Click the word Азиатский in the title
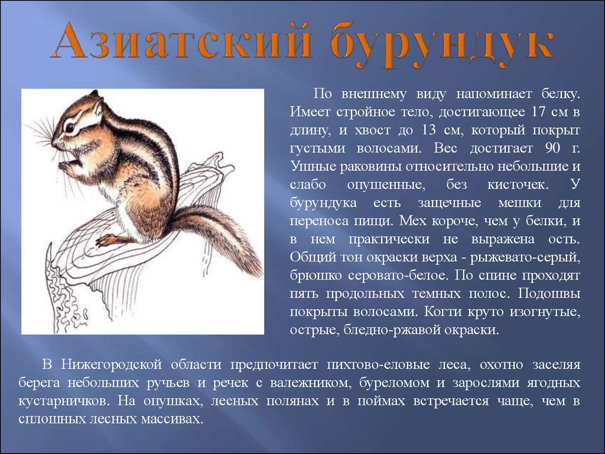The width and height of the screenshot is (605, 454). [181, 41]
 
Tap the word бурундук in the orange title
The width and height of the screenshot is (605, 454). [442, 45]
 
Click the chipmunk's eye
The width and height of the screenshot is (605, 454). [70, 128]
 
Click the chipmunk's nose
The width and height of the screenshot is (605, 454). [54, 143]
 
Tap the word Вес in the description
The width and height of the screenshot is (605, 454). [447, 148]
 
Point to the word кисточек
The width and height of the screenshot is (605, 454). [518, 184]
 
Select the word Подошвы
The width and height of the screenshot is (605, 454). [549, 294]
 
